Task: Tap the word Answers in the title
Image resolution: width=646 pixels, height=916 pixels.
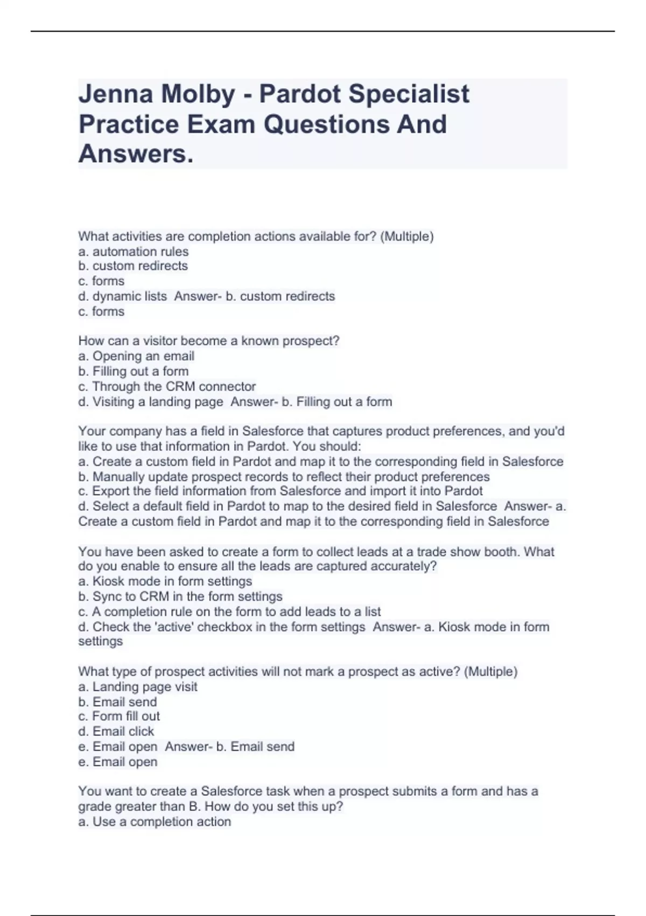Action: (135, 154)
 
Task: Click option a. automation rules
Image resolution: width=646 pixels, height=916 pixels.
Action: (134, 252)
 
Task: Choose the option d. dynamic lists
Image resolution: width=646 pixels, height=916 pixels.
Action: (123, 296)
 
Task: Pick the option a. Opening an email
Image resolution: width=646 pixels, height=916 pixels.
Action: (136, 356)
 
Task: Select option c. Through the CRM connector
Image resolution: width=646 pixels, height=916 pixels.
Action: (167, 387)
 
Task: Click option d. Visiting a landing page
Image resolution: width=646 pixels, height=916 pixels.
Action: (151, 402)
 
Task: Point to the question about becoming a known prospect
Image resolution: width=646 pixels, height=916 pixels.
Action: (209, 341)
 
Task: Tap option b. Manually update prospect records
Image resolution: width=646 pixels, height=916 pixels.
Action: (284, 477)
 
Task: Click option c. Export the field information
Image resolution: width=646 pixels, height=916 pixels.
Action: (280, 491)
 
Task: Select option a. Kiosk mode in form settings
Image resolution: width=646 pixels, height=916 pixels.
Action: (165, 581)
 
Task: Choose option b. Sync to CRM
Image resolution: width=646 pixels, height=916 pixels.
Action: (180, 596)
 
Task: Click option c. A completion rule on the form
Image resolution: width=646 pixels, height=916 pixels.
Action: (229, 612)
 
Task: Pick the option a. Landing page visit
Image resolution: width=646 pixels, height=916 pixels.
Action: (138, 687)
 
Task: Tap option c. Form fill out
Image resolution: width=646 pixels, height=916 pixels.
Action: (119, 717)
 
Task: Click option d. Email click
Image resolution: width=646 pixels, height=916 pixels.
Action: (116, 732)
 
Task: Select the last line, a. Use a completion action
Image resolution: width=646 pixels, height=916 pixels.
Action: (155, 822)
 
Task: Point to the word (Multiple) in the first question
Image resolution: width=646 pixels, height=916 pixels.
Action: (407, 237)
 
